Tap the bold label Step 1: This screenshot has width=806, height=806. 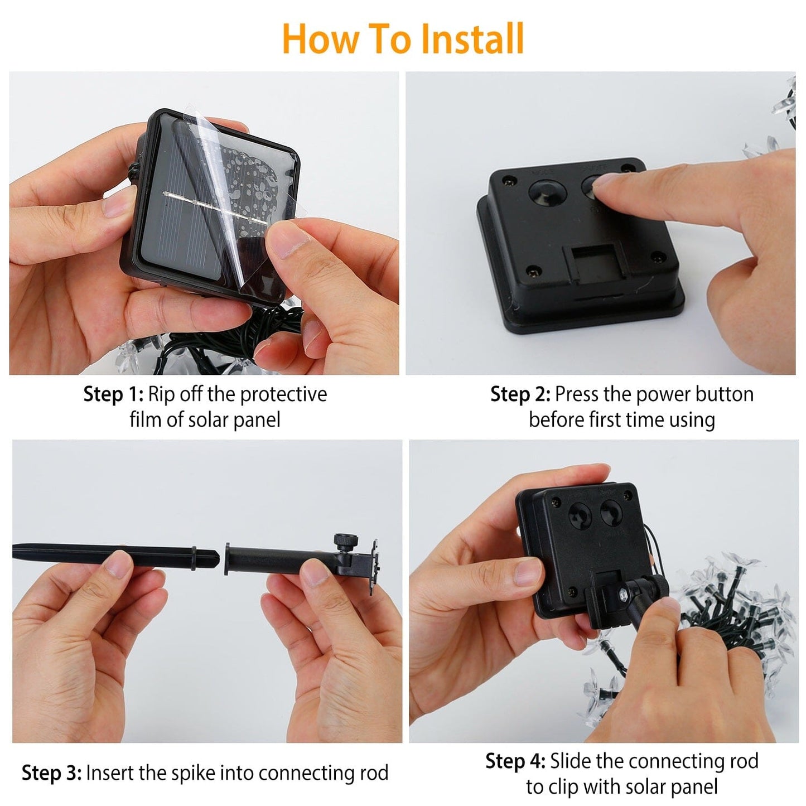point(113,395)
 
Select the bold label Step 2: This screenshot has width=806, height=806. point(520,395)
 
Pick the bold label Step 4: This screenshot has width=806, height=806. point(515,761)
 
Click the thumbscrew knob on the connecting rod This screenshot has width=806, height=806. point(346,542)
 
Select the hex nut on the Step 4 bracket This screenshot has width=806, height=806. point(622,595)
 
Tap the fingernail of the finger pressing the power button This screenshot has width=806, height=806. point(605,181)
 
